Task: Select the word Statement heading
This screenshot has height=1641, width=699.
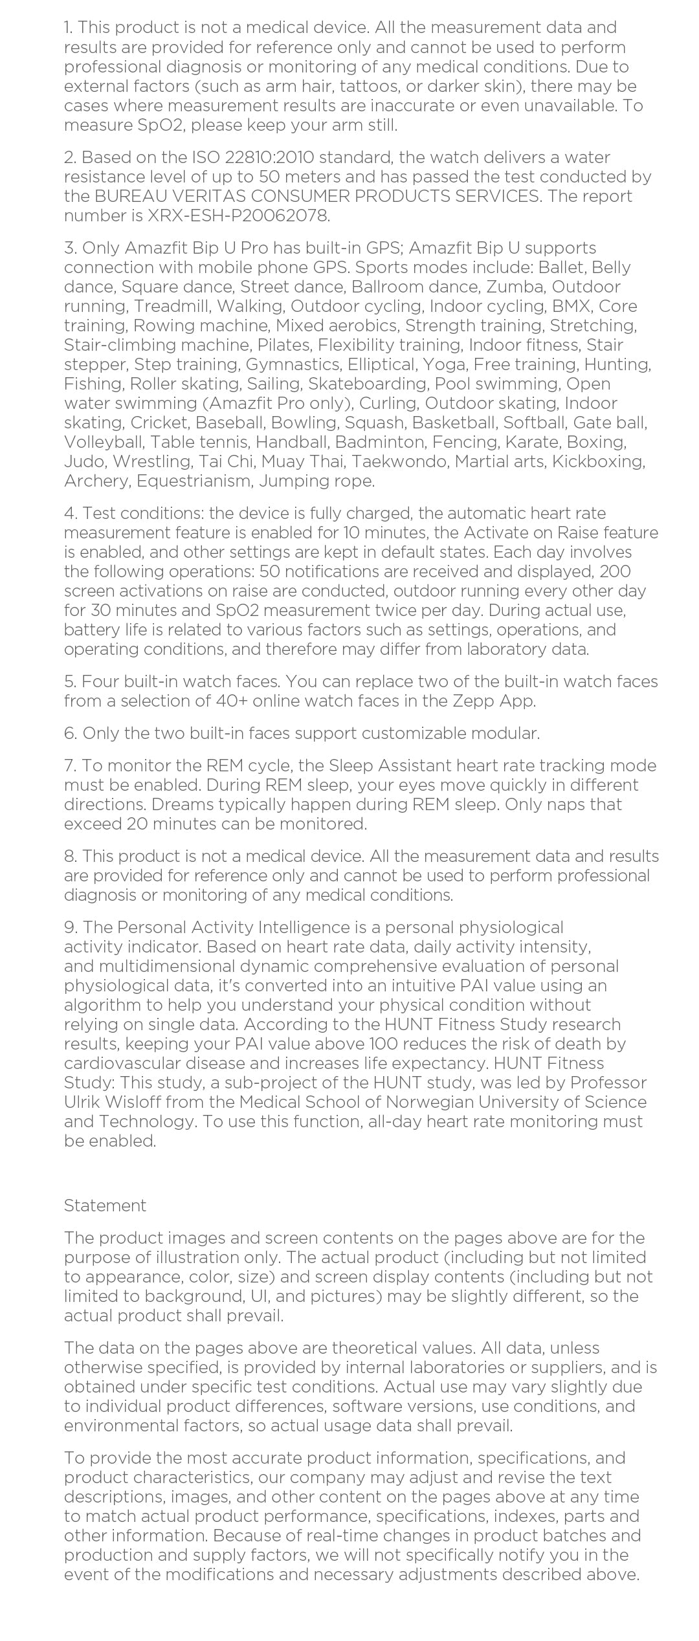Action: (x=105, y=1206)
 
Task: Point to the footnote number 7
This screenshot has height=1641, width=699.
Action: (x=70, y=765)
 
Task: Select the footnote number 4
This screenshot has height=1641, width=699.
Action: (x=70, y=513)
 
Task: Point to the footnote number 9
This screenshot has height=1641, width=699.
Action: (x=70, y=927)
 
